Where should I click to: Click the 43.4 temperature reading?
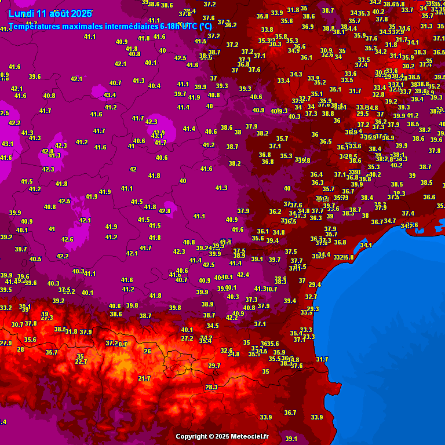pyautogui.click(x=110, y=95)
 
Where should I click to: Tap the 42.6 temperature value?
pyautogui.click(x=67, y=239)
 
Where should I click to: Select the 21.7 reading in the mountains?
pyautogui.click(x=144, y=378)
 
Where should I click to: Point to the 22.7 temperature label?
pyautogui.click(x=81, y=362)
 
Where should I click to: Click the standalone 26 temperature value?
pyautogui.click(x=147, y=351)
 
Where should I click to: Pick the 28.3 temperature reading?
pyautogui.click(x=211, y=387)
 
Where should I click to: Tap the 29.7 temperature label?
pyautogui.click(x=214, y=366)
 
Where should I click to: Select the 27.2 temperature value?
pyautogui.click(x=187, y=338)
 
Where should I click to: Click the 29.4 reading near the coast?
pyautogui.click(x=315, y=284)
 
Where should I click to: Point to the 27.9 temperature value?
pyautogui.click(x=5, y=343)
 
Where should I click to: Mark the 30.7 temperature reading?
pyautogui.click(x=17, y=324)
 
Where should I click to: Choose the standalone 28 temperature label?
pyautogui.click(x=21, y=349)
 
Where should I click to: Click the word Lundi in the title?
pyautogui.click(x=20, y=13)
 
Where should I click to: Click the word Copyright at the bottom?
pyautogui.click(x=191, y=436)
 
